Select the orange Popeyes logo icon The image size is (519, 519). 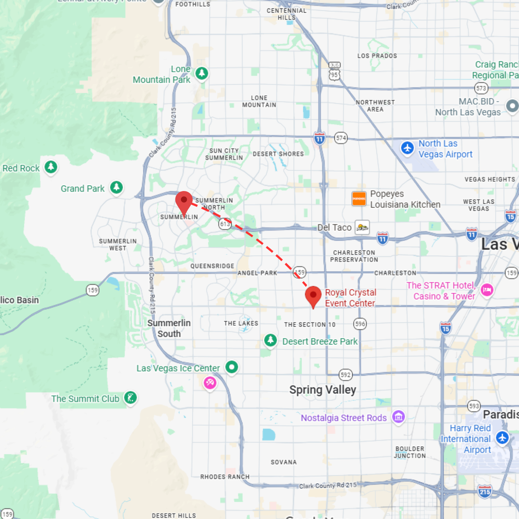coord(359,199)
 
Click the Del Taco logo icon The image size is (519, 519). coord(362,227)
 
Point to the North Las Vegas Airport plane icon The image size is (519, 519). coord(407,148)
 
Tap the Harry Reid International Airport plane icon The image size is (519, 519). coord(502,438)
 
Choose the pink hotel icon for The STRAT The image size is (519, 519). coord(487,290)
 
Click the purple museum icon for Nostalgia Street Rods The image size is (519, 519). coord(398,417)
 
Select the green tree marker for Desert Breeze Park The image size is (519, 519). coord(271,340)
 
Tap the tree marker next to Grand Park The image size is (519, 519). coord(116,187)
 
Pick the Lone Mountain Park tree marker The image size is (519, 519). coord(202,73)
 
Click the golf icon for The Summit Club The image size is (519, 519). coord(131,398)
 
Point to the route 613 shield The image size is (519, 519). coord(225,224)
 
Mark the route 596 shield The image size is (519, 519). coord(360,324)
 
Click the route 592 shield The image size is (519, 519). coord(345,375)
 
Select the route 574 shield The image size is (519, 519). coord(341,138)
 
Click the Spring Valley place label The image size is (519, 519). coord(323,390)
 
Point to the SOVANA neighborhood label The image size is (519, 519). coord(284,462)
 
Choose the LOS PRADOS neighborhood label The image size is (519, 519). coord(377,56)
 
